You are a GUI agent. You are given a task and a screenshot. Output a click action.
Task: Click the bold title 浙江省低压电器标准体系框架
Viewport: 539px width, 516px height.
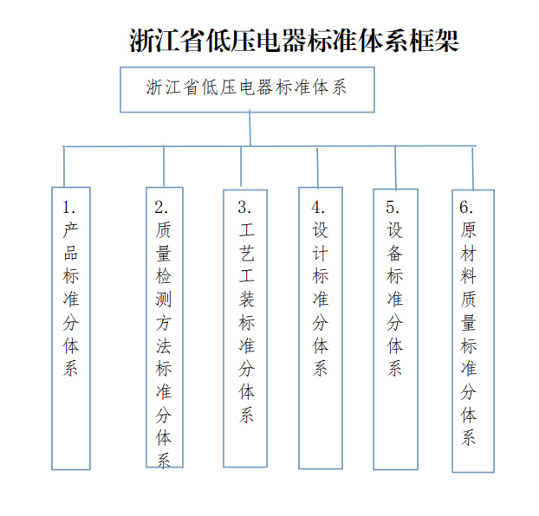click(295, 41)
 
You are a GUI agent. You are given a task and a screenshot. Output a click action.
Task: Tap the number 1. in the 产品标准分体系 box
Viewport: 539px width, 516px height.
click(69, 207)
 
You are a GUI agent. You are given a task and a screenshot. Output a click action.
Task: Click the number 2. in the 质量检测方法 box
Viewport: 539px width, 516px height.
click(161, 207)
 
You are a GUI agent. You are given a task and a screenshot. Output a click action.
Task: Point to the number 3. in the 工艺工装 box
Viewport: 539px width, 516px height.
click(244, 207)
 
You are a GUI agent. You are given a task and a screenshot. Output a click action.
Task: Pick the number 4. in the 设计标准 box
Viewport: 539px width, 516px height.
click(318, 207)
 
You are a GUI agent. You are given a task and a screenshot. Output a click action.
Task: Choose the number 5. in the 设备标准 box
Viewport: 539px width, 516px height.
click(393, 207)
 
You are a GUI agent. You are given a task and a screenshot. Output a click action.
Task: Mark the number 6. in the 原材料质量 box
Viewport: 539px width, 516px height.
click(466, 207)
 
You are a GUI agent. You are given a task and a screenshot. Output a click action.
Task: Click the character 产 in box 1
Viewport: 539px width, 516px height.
click(71, 229)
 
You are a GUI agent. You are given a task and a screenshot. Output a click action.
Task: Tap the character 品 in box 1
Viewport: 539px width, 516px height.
click(71, 253)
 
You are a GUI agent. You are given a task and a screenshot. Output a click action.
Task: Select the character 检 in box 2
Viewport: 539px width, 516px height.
click(163, 276)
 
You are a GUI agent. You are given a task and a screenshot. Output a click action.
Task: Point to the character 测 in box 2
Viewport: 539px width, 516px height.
click(163, 300)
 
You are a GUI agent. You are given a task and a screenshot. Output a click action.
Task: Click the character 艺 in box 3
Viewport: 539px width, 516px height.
click(247, 253)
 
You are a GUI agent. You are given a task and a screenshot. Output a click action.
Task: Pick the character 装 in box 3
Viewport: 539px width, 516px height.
click(247, 300)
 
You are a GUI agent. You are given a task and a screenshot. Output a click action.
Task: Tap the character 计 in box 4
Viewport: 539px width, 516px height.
click(321, 253)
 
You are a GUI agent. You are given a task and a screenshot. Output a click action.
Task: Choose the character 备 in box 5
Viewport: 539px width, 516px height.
click(394, 253)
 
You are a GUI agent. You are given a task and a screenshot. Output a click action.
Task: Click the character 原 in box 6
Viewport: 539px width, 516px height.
click(469, 229)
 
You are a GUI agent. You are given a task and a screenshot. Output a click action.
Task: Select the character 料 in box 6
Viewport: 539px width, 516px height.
click(469, 276)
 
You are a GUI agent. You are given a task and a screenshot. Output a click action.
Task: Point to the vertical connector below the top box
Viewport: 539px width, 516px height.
click(250, 128)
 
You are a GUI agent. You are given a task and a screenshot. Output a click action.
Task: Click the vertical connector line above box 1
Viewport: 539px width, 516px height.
click(64, 167)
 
